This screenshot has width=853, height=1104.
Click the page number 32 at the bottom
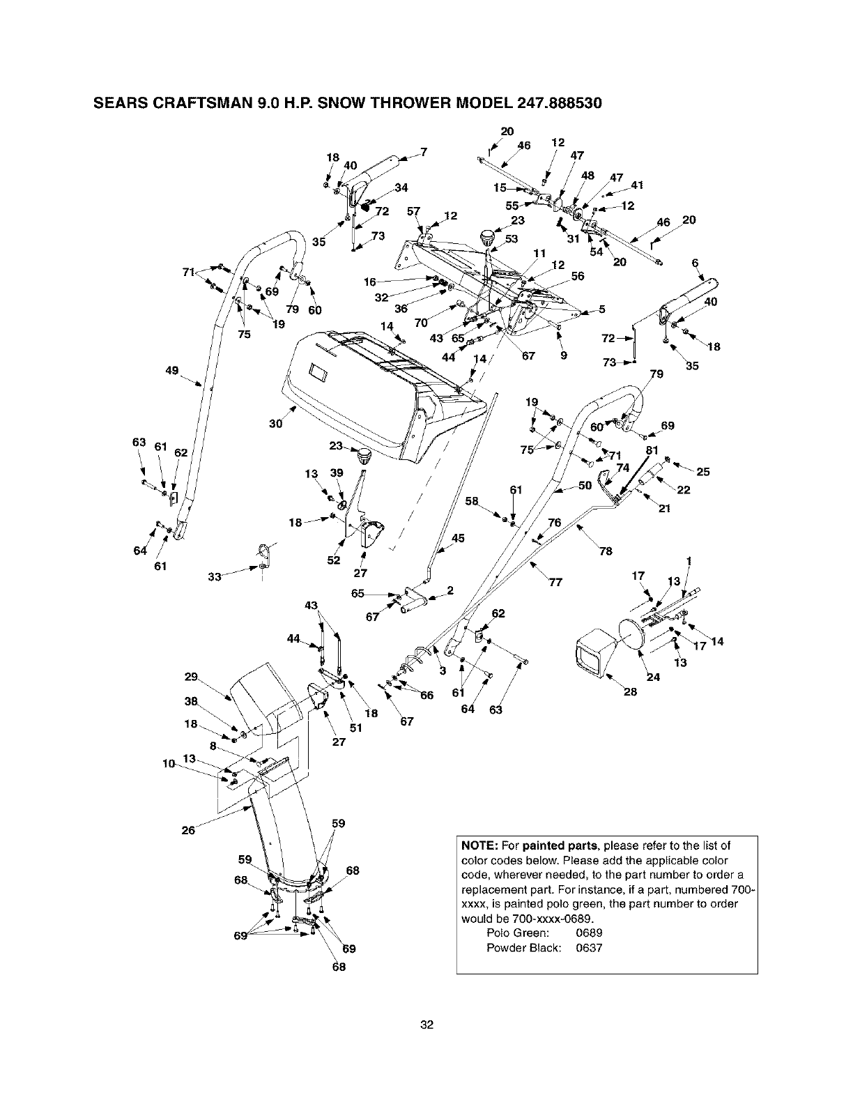click(426, 1025)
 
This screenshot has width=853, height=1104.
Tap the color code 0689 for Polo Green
click(589, 933)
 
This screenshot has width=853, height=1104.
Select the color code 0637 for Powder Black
click(589, 948)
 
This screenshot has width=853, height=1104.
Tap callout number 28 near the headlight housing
click(629, 692)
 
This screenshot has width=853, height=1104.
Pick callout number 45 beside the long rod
click(458, 537)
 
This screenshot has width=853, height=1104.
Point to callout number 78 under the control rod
click(605, 551)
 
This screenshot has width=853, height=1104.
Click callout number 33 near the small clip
click(217, 576)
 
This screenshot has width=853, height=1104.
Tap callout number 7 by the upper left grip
click(423, 152)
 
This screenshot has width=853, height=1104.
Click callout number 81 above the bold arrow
click(652, 450)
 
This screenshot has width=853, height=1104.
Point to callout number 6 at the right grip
click(694, 262)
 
